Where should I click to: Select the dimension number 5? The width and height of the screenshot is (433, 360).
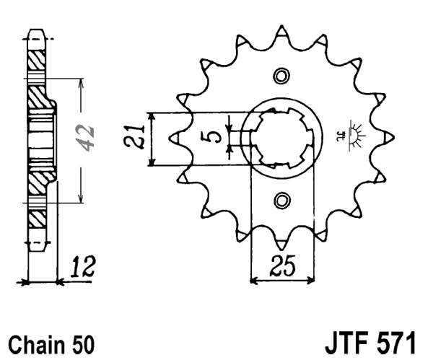pyautogui.click(x=214, y=137)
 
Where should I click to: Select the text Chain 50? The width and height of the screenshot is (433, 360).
pyautogui.click(x=51, y=341)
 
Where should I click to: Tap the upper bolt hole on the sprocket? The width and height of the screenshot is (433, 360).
pyautogui.click(x=281, y=76)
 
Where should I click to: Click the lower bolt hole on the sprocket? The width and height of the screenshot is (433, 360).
pyautogui.click(x=281, y=198)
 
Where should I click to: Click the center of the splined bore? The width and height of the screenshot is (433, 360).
pyautogui.click(x=281, y=137)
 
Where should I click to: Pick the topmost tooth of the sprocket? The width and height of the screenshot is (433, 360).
pyautogui.click(x=281, y=30)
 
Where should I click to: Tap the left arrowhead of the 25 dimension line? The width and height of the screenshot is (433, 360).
pyautogui.click(x=253, y=279)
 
